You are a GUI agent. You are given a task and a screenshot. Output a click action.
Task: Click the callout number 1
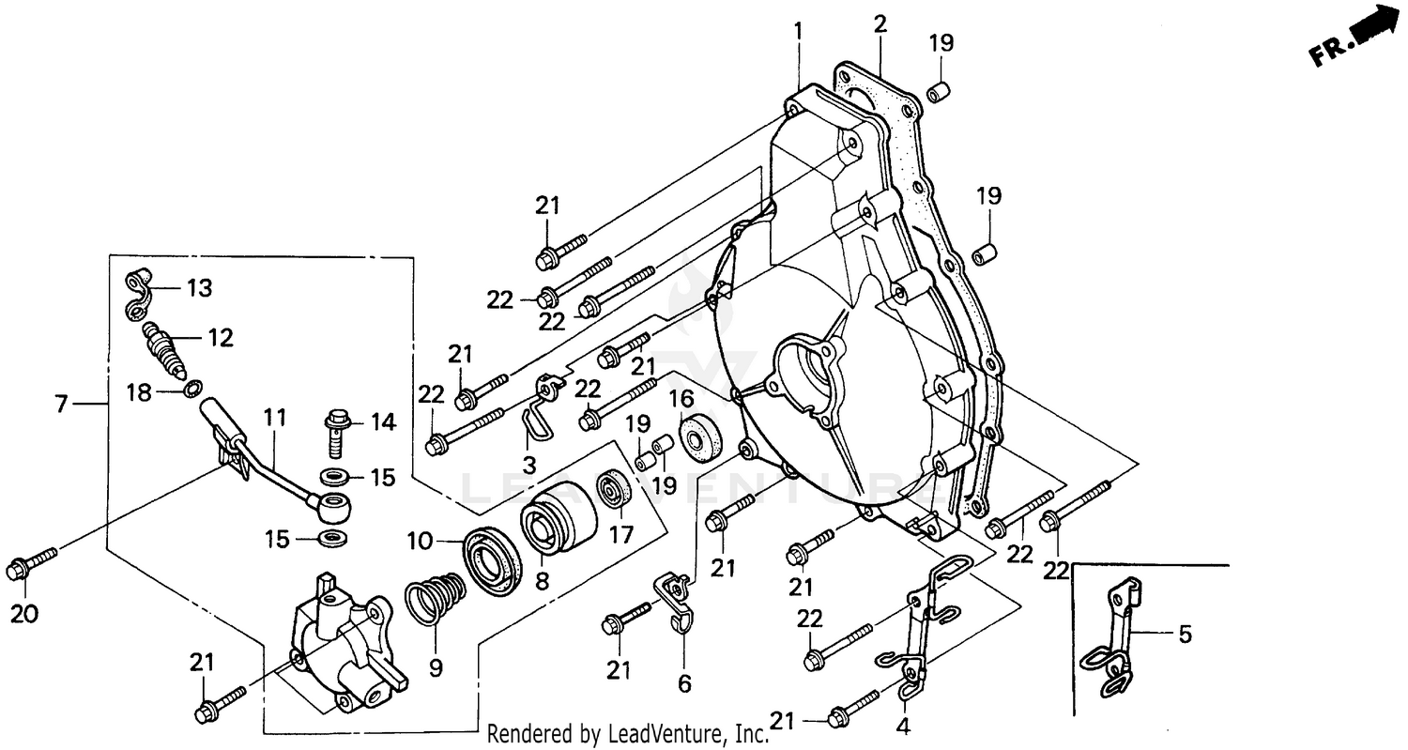tap(798, 31)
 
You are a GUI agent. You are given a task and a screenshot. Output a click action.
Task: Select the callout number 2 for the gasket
tap(880, 24)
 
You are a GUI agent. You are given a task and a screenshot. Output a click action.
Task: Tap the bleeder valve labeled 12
tap(163, 348)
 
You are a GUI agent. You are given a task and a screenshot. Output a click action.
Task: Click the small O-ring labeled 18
tap(191, 388)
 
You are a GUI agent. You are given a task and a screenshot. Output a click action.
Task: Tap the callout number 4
tap(903, 726)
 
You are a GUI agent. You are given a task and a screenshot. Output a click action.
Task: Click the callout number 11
tap(273, 421)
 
